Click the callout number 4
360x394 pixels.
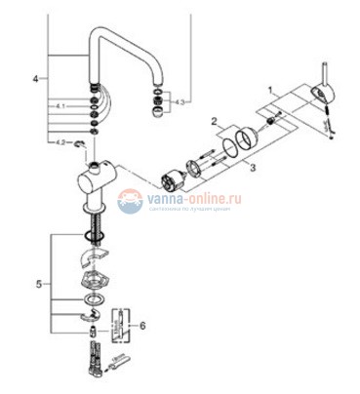click(x=37, y=77)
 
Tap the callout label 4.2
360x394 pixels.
click(x=60, y=143)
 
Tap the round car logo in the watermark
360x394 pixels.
click(x=130, y=201)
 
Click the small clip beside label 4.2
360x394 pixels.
click(x=89, y=145)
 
